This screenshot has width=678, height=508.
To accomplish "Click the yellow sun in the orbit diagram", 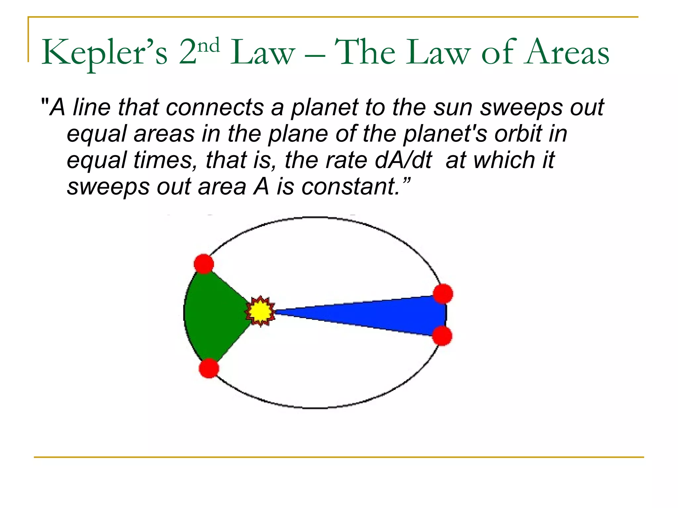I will point(260,311).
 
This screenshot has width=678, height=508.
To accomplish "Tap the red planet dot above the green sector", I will point(204,264).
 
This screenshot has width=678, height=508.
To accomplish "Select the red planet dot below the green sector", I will point(209,368).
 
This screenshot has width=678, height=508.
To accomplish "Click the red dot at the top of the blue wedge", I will point(443,294).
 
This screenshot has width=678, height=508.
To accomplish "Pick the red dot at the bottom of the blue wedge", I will point(442,336).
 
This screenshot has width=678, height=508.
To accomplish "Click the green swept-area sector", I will point(215,314).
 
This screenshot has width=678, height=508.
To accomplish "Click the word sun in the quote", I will point(454,108).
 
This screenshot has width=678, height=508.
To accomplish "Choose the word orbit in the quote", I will point(518,134).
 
